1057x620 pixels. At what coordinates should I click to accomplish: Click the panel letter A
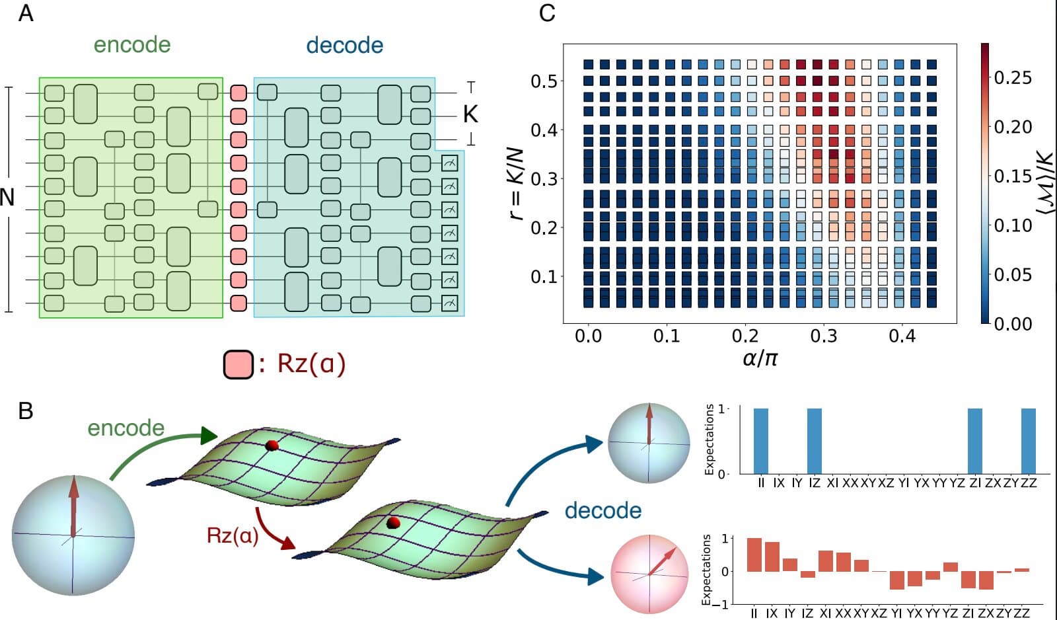pyautogui.click(x=25, y=13)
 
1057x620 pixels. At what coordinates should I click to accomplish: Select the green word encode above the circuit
pyautogui.click(x=132, y=45)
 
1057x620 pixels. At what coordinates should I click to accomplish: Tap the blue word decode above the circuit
pyautogui.click(x=344, y=46)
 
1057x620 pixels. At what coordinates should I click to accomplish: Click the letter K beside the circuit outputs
pyautogui.click(x=470, y=114)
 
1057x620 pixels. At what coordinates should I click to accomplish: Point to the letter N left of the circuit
pyautogui.click(x=7, y=197)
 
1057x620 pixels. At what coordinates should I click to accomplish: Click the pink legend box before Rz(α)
pyautogui.click(x=238, y=364)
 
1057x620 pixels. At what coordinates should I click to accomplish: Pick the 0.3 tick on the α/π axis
pyautogui.click(x=823, y=336)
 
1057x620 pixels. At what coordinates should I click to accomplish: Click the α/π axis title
pyautogui.click(x=760, y=358)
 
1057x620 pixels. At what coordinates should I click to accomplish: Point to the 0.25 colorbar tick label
pyautogui.click(x=1013, y=77)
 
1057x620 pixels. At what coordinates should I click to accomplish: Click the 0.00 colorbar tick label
pyautogui.click(x=1013, y=323)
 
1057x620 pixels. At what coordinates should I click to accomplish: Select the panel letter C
pyautogui.click(x=547, y=13)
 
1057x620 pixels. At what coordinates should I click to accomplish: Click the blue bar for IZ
pyautogui.click(x=815, y=441)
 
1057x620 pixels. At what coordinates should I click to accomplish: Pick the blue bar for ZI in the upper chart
pyautogui.click(x=975, y=441)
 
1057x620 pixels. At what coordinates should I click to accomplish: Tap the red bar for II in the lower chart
pyautogui.click(x=754, y=555)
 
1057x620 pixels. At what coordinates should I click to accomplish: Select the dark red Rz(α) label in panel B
pyautogui.click(x=233, y=535)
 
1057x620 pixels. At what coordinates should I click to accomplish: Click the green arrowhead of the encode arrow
pyautogui.click(x=208, y=436)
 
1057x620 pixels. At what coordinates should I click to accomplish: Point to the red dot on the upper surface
pyautogui.click(x=272, y=446)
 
